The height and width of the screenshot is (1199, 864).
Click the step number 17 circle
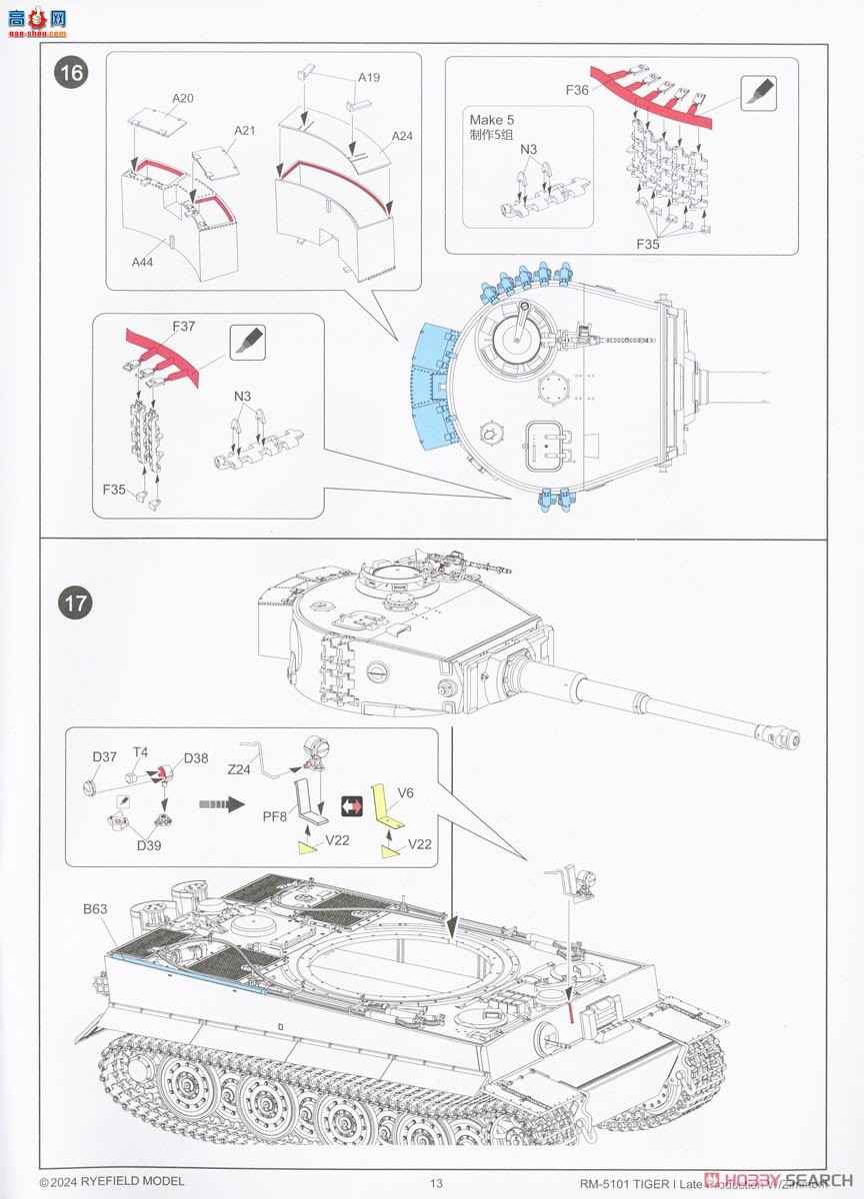point(73,602)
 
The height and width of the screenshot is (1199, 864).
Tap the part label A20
point(182,98)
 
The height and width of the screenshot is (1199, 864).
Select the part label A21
point(245,130)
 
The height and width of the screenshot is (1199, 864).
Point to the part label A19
point(369,76)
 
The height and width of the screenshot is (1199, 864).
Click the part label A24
point(402,136)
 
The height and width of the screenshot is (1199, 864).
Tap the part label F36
point(577,90)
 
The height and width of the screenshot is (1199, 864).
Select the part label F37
point(183,326)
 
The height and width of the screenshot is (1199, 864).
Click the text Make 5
point(493,120)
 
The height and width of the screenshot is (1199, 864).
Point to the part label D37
point(105,755)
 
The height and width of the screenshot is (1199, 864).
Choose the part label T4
point(141,752)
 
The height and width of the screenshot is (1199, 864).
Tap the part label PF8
point(275,816)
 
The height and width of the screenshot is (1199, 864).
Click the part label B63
point(97,910)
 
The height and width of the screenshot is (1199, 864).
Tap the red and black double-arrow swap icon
point(351,804)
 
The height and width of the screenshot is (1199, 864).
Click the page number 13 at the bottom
point(435,1183)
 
